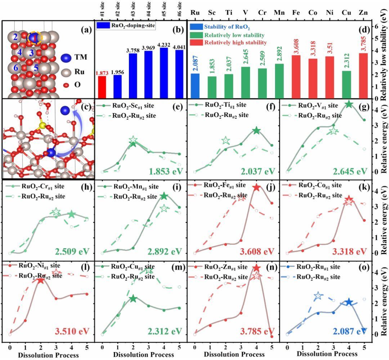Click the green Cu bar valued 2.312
click(347, 84)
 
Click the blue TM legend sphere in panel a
click(66, 57)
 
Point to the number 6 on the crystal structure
click(15, 68)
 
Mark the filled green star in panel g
click(348, 104)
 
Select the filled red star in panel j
click(256, 187)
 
